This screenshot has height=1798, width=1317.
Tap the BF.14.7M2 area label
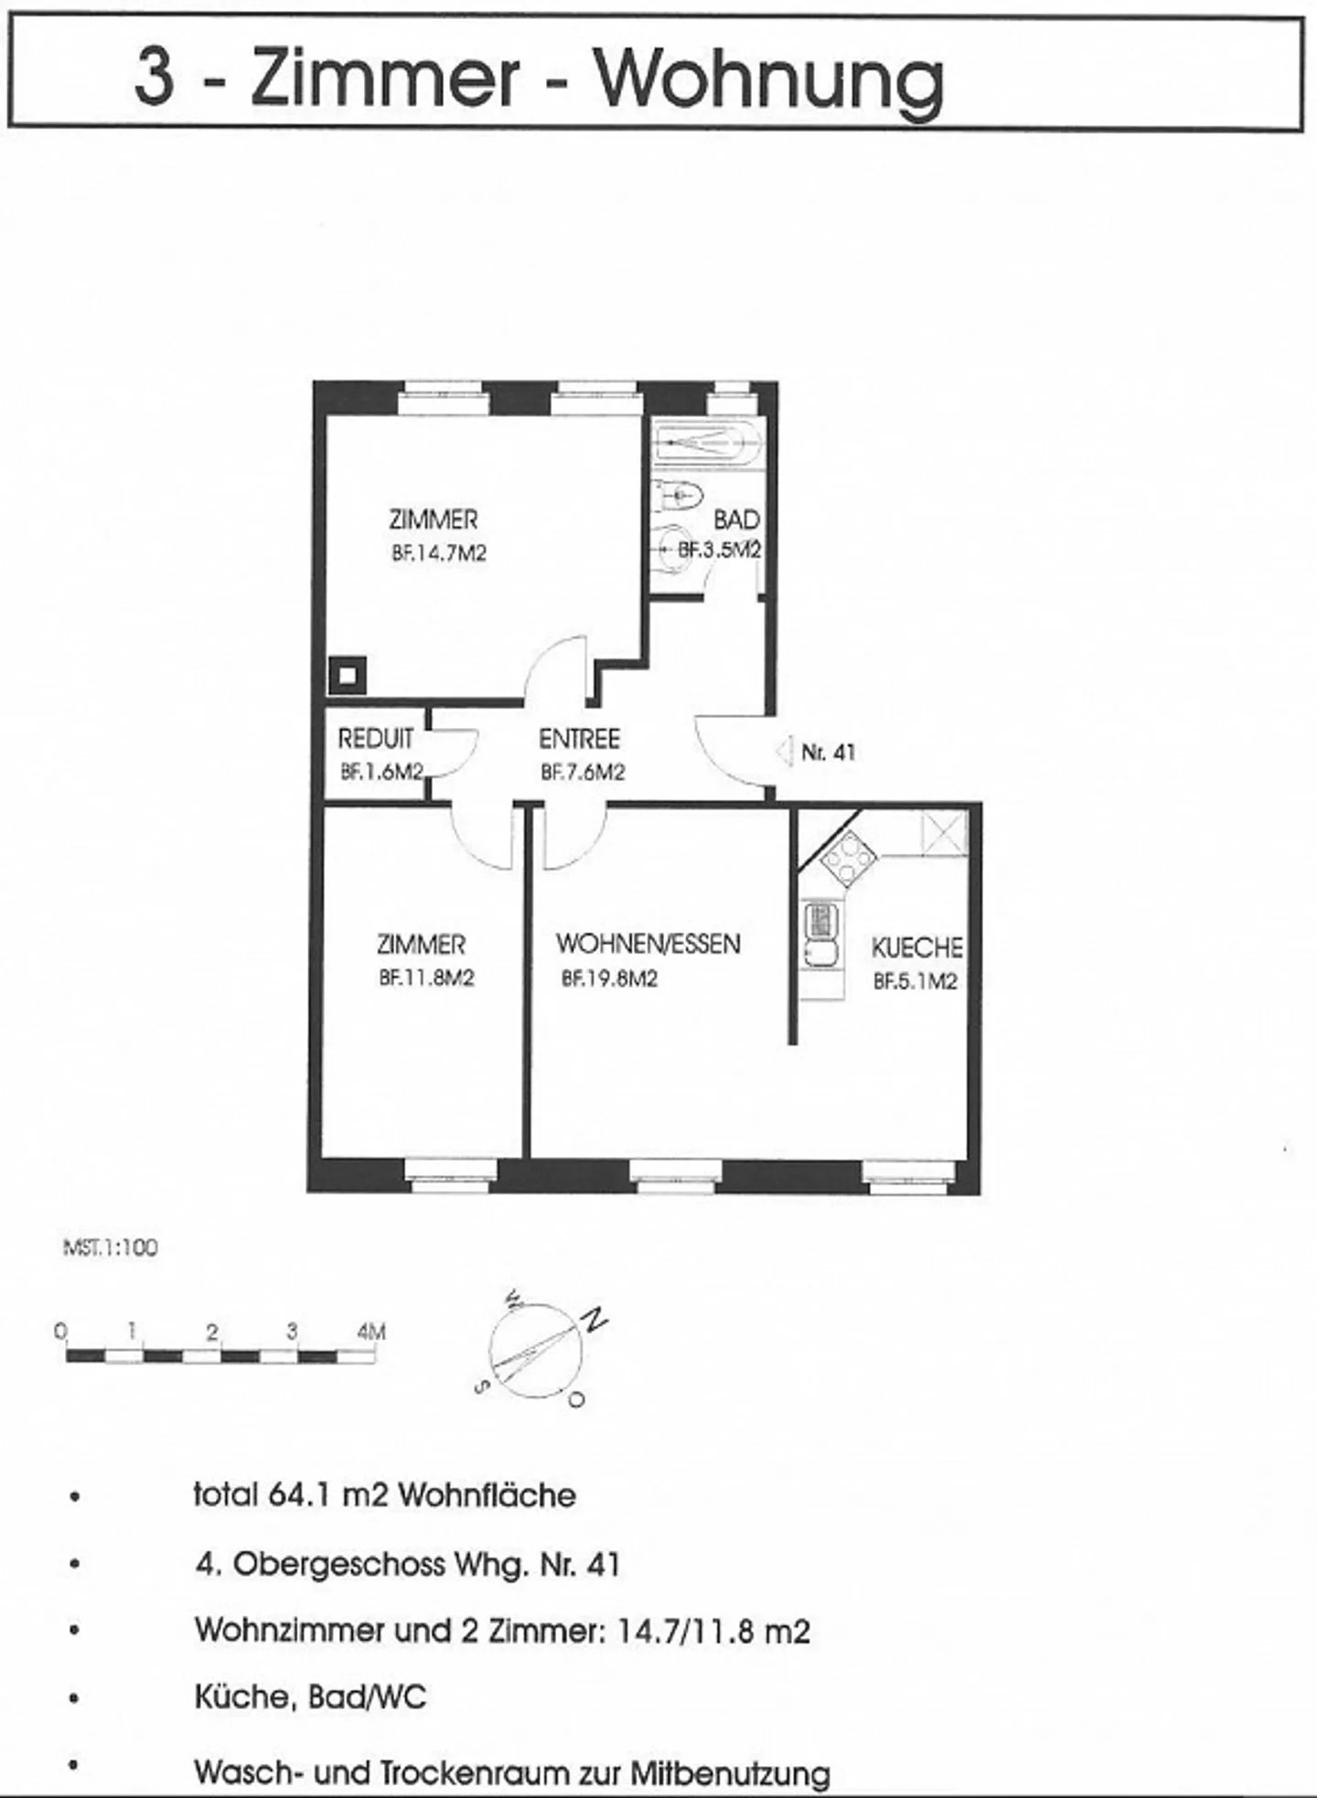[439, 553]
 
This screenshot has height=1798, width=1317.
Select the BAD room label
[736, 519]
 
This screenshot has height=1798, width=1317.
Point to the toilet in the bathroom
[679, 495]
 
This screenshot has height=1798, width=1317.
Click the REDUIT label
[376, 738]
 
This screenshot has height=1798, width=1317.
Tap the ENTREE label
[579, 738]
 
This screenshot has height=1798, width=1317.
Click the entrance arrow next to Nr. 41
[782, 752]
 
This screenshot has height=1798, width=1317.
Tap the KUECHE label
[916, 947]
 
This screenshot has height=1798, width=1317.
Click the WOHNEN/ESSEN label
[648, 944]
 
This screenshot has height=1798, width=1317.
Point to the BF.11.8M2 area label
[426, 978]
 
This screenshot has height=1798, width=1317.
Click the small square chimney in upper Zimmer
[348, 676]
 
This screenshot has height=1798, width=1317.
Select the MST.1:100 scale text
[111, 1248]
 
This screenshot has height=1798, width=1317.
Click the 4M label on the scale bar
[371, 1332]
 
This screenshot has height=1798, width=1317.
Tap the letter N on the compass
[595, 1320]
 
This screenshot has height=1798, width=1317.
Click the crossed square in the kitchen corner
[944, 833]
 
